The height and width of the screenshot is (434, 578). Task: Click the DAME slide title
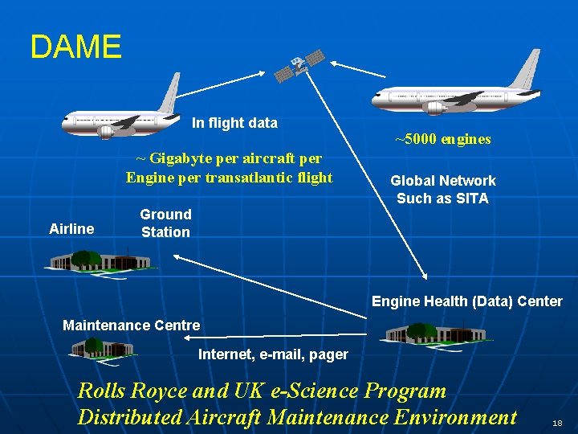pyautogui.click(x=75, y=47)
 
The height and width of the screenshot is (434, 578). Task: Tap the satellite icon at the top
pyautogui.click(x=300, y=65)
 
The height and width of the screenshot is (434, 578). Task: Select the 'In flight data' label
pyautogui.click(x=234, y=123)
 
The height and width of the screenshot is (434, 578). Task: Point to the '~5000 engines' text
pyautogui.click(x=442, y=139)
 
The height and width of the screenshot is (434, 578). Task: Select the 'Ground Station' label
pyautogui.click(x=165, y=223)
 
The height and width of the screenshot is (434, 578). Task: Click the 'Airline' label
pyautogui.click(x=71, y=229)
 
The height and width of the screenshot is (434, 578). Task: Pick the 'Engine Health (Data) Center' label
pyautogui.click(x=466, y=301)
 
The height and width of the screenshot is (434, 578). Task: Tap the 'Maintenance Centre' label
pyautogui.click(x=131, y=325)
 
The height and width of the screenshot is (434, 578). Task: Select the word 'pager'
pyautogui.click(x=329, y=354)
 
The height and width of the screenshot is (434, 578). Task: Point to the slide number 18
pyautogui.click(x=557, y=423)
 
